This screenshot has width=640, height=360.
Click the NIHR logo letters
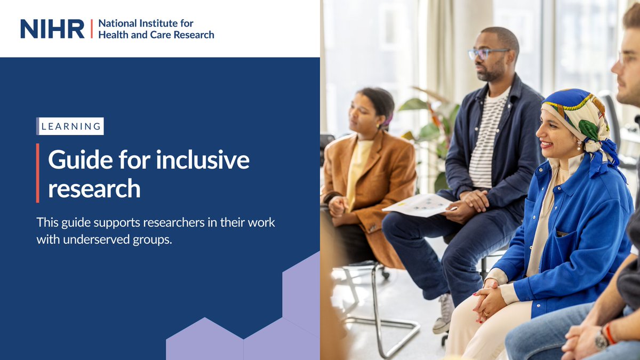52,29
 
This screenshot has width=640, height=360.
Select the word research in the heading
94,188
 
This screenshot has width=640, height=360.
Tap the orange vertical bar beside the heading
38,173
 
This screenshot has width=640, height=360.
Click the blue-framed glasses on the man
486,53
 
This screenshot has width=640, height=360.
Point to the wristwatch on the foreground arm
602,339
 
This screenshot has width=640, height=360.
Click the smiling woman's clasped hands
486,302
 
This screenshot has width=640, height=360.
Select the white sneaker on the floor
443,314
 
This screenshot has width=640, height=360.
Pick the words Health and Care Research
156,35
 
